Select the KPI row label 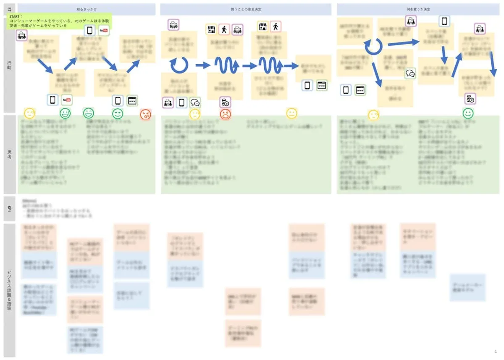[8, 209]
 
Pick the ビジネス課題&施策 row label [8, 290]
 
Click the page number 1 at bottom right [496, 351]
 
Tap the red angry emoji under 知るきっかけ [145, 113]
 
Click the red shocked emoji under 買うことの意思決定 [225, 114]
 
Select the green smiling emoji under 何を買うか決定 [468, 113]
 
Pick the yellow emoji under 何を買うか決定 [373, 114]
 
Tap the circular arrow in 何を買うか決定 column [373, 46]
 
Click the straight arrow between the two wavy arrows [249, 66]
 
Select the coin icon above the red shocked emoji [225, 102]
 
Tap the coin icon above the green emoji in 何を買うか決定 [470, 99]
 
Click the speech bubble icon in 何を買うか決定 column [410, 74]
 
